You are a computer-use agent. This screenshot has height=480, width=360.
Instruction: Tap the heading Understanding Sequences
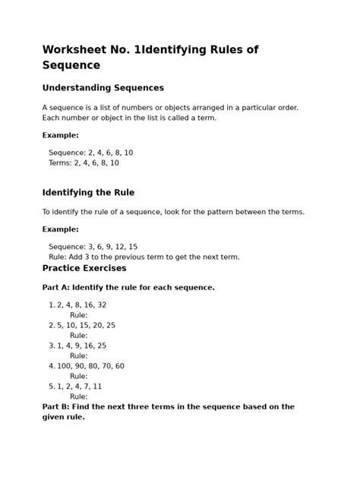point(103,88)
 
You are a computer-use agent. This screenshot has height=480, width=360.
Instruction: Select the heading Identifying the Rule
point(88,193)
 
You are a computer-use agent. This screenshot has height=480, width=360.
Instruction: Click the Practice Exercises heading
point(84,268)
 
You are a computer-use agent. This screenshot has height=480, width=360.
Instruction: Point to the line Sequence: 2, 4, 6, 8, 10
point(90,153)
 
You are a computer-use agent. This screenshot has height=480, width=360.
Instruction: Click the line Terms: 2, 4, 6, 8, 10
point(84,163)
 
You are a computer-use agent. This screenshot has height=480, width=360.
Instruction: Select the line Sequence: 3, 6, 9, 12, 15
point(93,247)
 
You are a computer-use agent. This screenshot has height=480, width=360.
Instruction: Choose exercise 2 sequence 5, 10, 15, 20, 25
point(86,325)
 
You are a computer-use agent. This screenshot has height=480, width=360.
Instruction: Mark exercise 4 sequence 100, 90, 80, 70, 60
point(90,366)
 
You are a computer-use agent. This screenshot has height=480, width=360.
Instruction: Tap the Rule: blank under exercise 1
point(79,315)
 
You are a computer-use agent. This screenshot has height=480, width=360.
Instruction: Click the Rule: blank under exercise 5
point(79,396)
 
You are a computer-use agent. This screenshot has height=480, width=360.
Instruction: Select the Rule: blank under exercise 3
point(79,355)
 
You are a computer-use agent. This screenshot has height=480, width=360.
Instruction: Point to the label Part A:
point(55,288)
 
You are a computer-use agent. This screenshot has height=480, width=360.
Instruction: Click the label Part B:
point(55,407)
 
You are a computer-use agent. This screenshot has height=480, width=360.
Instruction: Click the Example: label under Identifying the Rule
point(61,229)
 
